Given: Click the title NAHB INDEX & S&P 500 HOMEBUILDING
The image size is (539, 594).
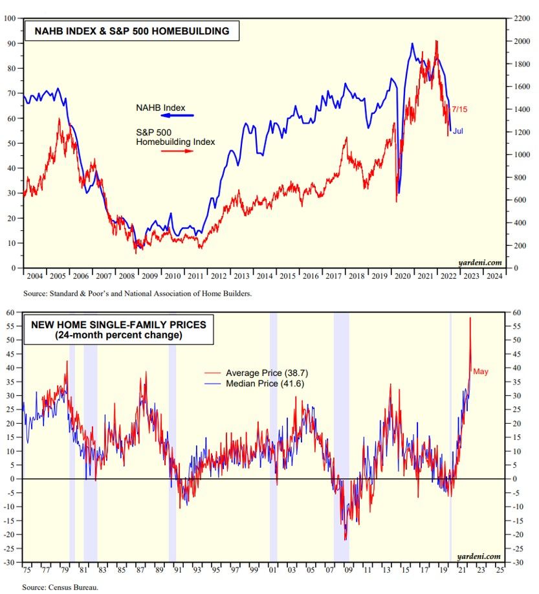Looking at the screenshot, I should (127, 30).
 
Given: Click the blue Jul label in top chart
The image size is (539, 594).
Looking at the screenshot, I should (457, 131).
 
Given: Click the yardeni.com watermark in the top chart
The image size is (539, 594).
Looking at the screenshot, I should (479, 262).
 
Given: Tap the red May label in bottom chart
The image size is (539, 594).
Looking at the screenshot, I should (480, 371).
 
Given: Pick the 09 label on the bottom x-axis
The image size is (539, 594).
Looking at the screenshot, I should (348, 571).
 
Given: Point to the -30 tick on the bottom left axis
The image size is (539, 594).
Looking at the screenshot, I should (10, 562).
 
